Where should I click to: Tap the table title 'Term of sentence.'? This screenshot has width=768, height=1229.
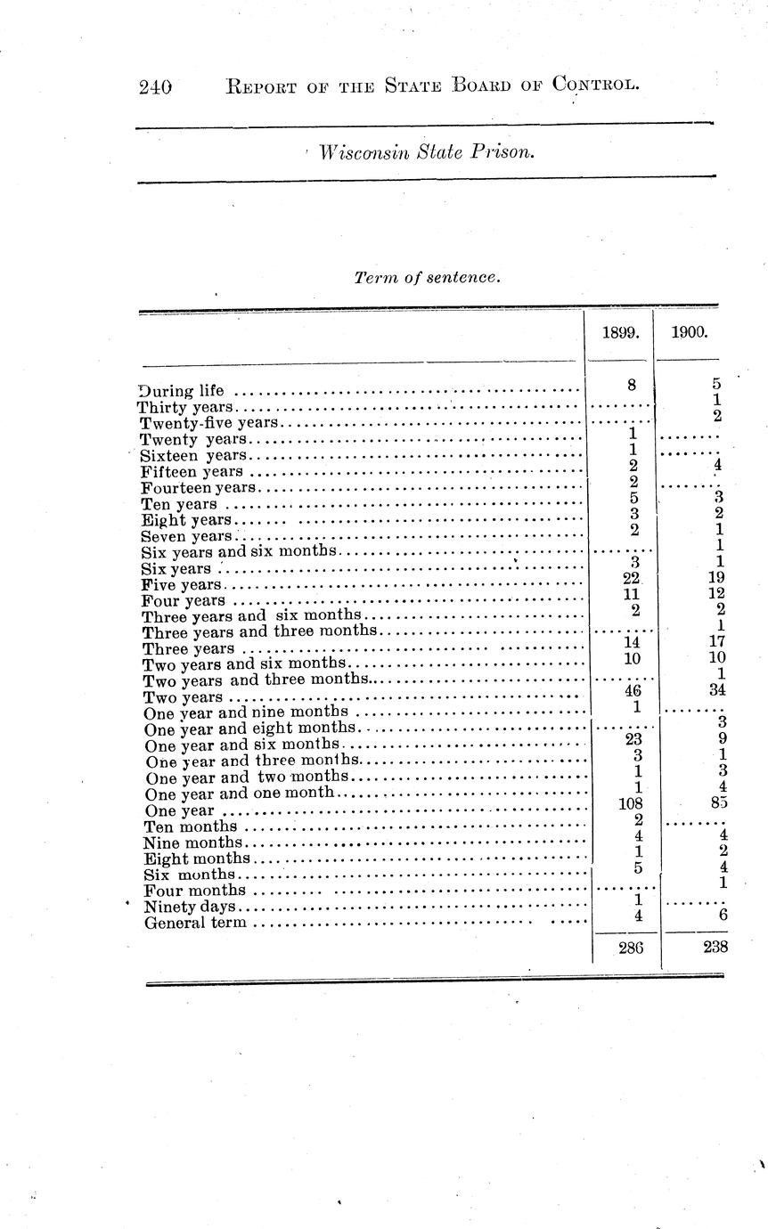point(428,277)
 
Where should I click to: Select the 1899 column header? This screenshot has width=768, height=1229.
point(619,333)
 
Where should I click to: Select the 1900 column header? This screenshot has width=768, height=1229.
point(690,333)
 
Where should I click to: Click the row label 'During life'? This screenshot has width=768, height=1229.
point(183,390)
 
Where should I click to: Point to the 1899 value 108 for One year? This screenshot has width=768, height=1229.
point(630,802)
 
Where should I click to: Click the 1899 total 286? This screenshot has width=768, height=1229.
point(631,948)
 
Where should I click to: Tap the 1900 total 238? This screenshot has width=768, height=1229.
point(715,948)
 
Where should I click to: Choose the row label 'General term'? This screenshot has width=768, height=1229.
point(195,923)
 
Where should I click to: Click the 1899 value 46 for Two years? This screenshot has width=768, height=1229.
point(633,688)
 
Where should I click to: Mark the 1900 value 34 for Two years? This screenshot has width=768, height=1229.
point(716,688)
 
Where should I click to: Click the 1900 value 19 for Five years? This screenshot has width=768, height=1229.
point(716,577)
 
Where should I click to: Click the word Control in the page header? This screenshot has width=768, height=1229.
point(594,85)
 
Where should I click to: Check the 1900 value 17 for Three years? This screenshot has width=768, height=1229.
point(716,640)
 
